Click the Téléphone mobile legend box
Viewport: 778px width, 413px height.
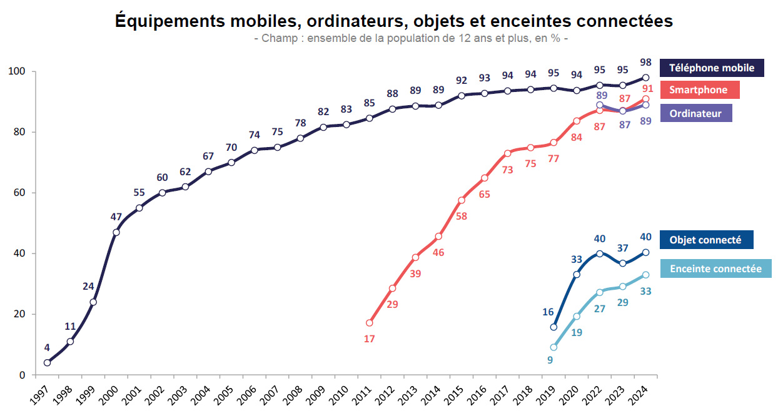pos(712,68)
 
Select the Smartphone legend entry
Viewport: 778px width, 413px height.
pos(699,90)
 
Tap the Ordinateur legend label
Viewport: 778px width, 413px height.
pos(695,113)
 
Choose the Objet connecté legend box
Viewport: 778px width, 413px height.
pos(705,240)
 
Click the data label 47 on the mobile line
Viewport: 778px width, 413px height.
pos(116,217)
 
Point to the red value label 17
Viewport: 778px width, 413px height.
pos(369,339)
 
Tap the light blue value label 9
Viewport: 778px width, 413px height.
pos(550,360)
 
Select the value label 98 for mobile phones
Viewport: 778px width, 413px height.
pos(646,63)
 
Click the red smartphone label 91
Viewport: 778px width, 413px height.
pos(648,88)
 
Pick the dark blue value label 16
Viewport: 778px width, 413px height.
pos(548,312)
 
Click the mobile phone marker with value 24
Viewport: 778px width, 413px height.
pos(93,302)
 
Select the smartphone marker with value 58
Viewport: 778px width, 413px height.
pos(462,200)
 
